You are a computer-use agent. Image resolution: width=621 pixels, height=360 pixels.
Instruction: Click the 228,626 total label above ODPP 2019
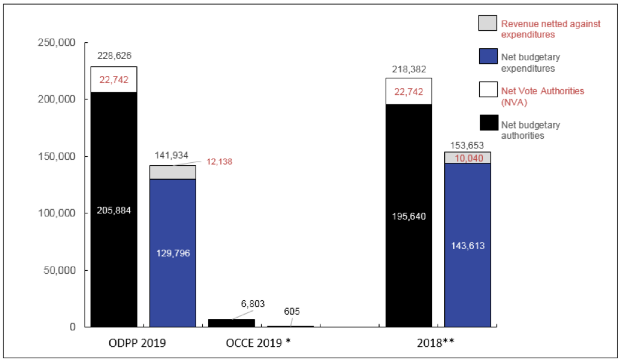pyautogui.click(x=113, y=56)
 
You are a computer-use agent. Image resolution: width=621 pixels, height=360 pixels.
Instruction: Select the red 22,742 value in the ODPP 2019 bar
pyautogui.click(x=113, y=80)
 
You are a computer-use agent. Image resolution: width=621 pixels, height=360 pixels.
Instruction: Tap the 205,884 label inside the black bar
pyautogui.click(x=113, y=210)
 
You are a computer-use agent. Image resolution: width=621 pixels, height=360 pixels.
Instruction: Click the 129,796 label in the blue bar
pyautogui.click(x=173, y=253)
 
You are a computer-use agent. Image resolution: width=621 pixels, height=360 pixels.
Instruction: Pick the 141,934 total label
pyautogui.click(x=173, y=156)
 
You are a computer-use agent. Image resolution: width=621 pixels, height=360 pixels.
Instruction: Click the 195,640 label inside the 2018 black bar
pyautogui.click(x=408, y=216)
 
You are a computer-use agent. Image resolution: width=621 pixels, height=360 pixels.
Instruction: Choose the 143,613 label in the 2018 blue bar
pyautogui.click(x=467, y=245)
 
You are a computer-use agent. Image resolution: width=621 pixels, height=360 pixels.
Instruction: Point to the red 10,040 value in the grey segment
pyautogui.click(x=467, y=158)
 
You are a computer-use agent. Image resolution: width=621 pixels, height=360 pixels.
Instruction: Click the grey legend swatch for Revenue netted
pyautogui.click(x=486, y=24)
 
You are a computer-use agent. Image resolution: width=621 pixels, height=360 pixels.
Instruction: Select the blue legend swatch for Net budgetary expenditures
pyautogui.click(x=486, y=57)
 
